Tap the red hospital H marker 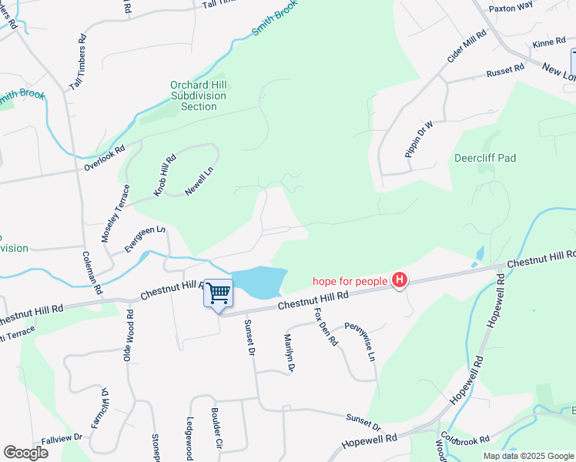click(x=399, y=281)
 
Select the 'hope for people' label click(x=350, y=281)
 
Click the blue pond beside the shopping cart click(x=259, y=283)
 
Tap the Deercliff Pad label click(x=485, y=158)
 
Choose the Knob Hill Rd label click(x=165, y=175)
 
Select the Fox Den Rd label click(x=326, y=326)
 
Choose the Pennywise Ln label click(x=359, y=343)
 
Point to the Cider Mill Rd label click(x=467, y=47)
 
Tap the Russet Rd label click(x=505, y=72)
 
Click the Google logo click(x=25, y=453)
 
